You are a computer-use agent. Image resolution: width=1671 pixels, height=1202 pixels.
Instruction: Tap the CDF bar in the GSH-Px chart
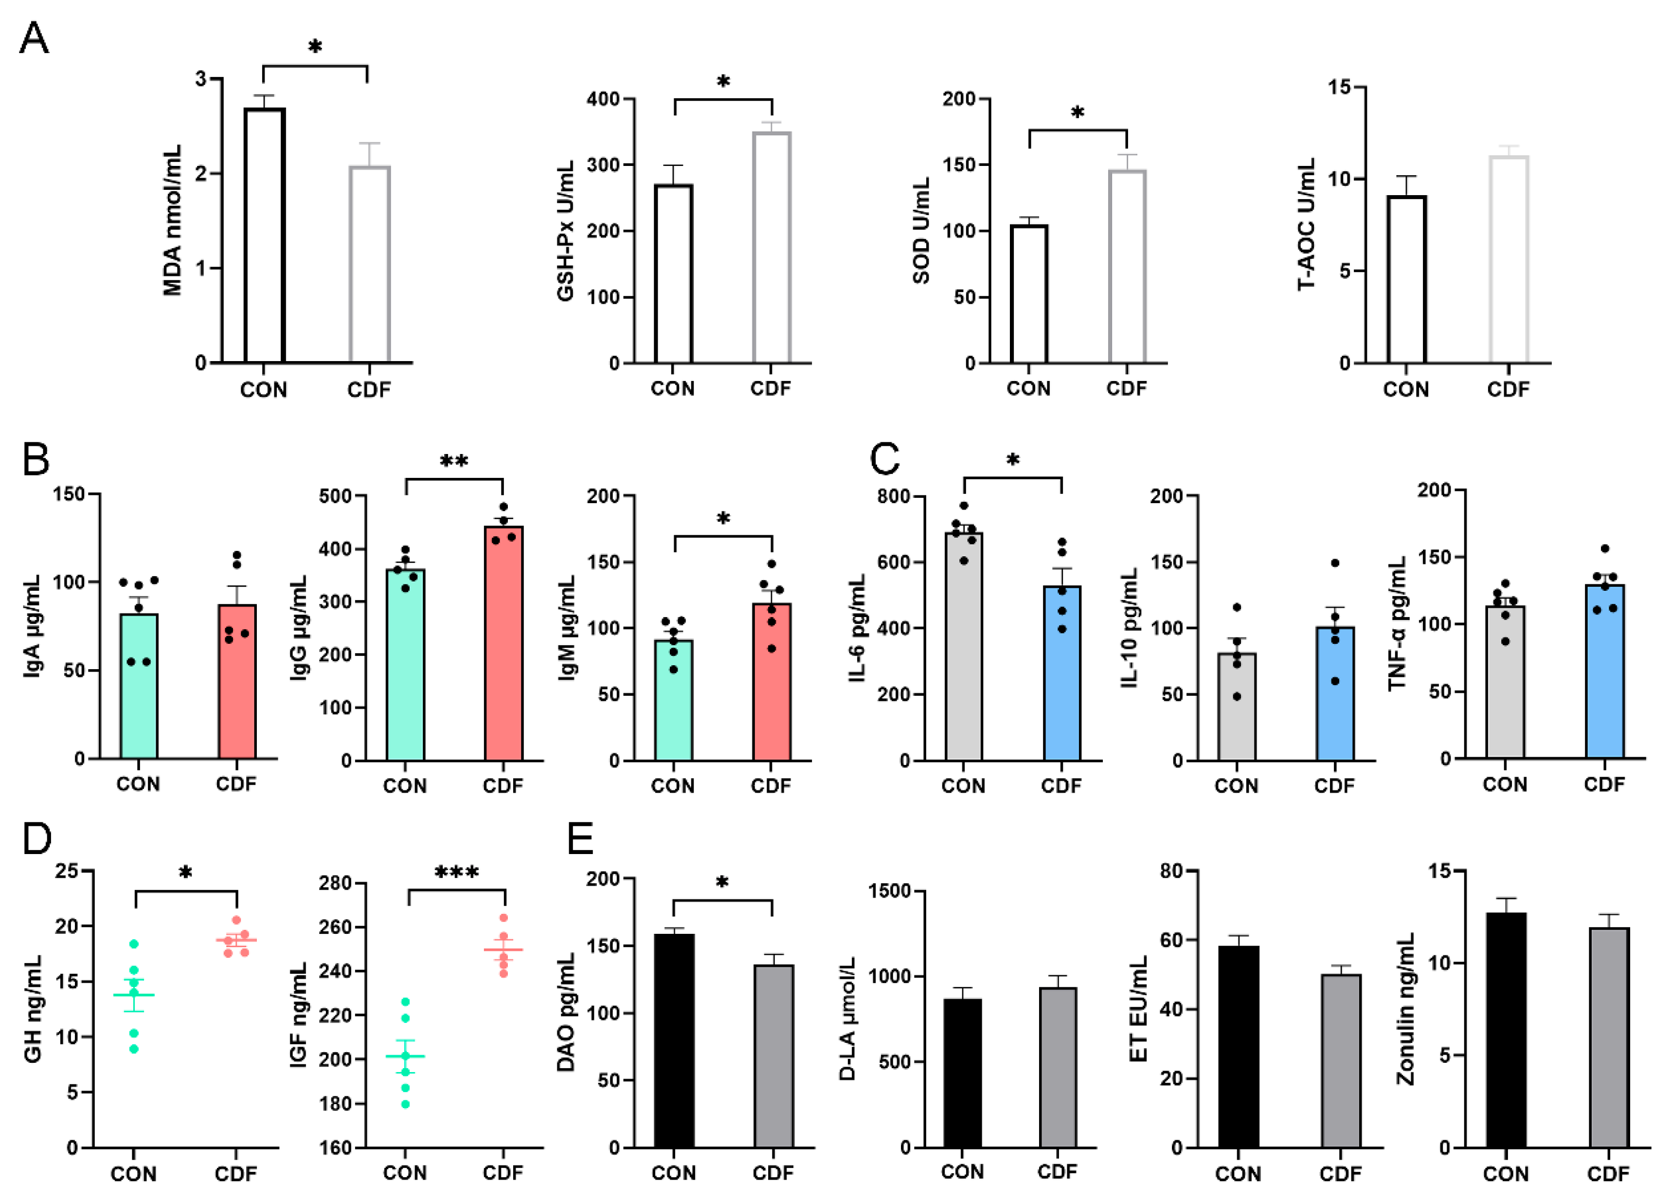[x=772, y=248]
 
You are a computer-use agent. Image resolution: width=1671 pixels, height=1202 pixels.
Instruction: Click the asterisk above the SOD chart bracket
[x=1077, y=113]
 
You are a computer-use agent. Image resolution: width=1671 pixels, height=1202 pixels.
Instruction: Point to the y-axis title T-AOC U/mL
[x=1306, y=225]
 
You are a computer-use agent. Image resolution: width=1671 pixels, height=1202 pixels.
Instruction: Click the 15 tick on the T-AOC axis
[x=1339, y=88]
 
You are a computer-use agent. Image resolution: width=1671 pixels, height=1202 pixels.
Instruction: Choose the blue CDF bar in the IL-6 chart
[x=1061, y=673]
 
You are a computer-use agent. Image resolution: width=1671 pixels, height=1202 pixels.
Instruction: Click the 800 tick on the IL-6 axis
[x=892, y=497]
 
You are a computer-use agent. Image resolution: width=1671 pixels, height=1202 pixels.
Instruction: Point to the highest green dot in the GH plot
[x=134, y=944]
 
